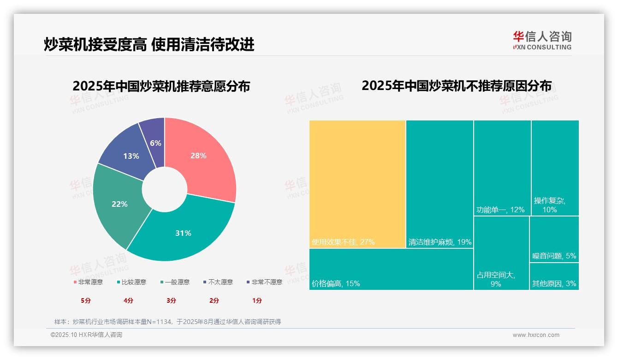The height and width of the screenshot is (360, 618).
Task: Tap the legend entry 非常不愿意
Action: pos(264,282)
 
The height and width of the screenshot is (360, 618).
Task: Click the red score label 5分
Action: pos(86,300)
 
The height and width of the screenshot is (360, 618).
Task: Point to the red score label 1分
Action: pos(257,300)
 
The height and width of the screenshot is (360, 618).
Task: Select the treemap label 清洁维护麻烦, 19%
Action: pos(440,242)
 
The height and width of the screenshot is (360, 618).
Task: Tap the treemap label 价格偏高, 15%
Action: pos(336,283)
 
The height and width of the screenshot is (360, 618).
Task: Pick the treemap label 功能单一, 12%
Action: pos(500,210)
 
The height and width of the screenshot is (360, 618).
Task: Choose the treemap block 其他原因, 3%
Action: pos(554,277)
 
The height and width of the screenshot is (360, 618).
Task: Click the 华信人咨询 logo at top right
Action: pos(542,40)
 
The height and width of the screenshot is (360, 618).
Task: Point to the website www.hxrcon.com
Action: pos(536,335)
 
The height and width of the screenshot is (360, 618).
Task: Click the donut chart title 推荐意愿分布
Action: pos(161,86)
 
